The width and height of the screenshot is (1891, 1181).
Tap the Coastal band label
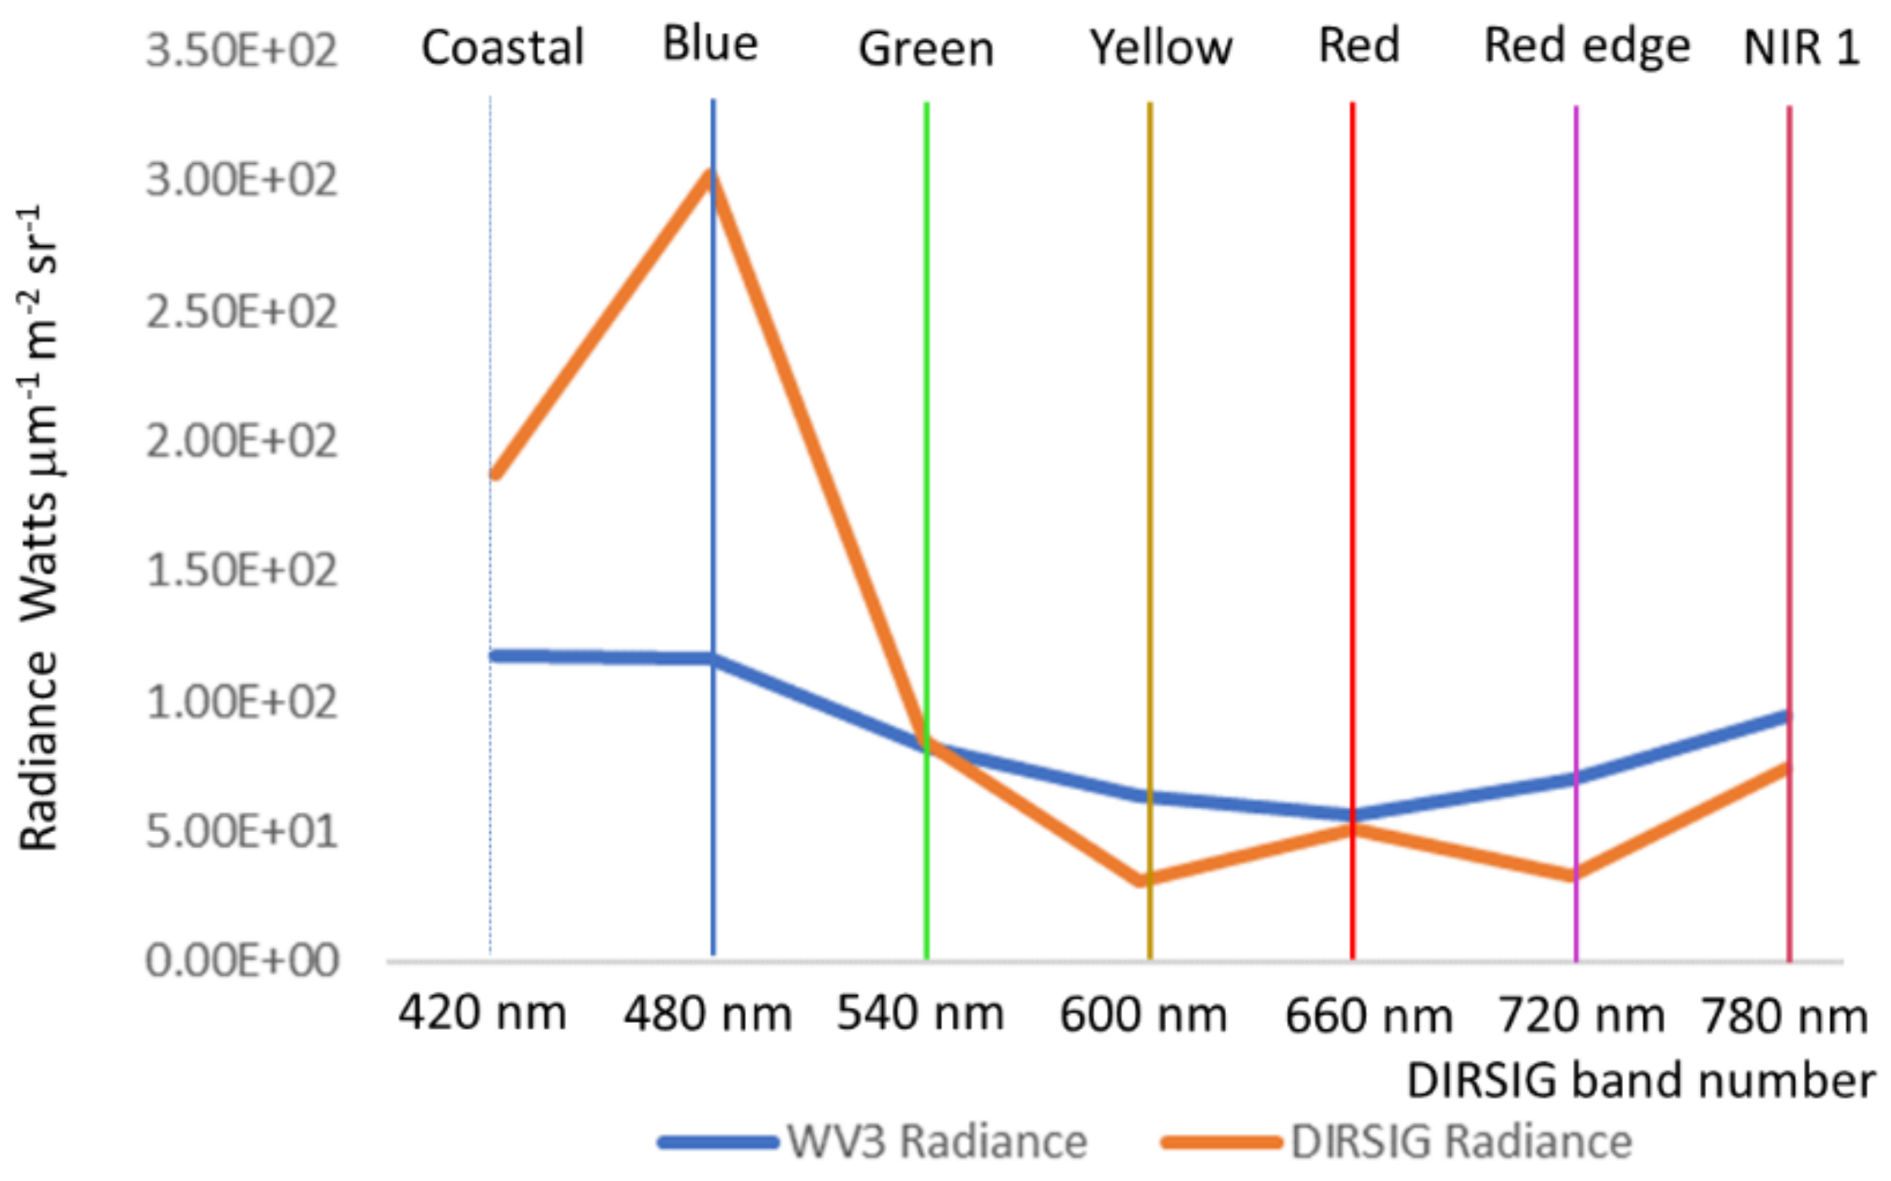coord(503,47)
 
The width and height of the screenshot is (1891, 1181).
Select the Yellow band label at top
coord(1160,47)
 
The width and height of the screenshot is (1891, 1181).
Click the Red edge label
coord(1587,46)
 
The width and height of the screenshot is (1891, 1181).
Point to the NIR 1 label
coord(1801,47)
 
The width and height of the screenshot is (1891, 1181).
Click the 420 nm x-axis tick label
coord(482,1013)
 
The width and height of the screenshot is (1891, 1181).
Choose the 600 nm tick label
coord(1143,1015)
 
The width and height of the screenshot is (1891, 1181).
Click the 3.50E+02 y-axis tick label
coord(242,51)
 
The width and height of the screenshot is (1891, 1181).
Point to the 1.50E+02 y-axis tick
coord(242,571)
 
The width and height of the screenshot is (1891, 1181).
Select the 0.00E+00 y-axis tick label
coord(242,961)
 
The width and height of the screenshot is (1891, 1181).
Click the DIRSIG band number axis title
coord(1640,1080)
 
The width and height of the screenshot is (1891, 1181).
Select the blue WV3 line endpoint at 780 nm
coord(1786,717)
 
